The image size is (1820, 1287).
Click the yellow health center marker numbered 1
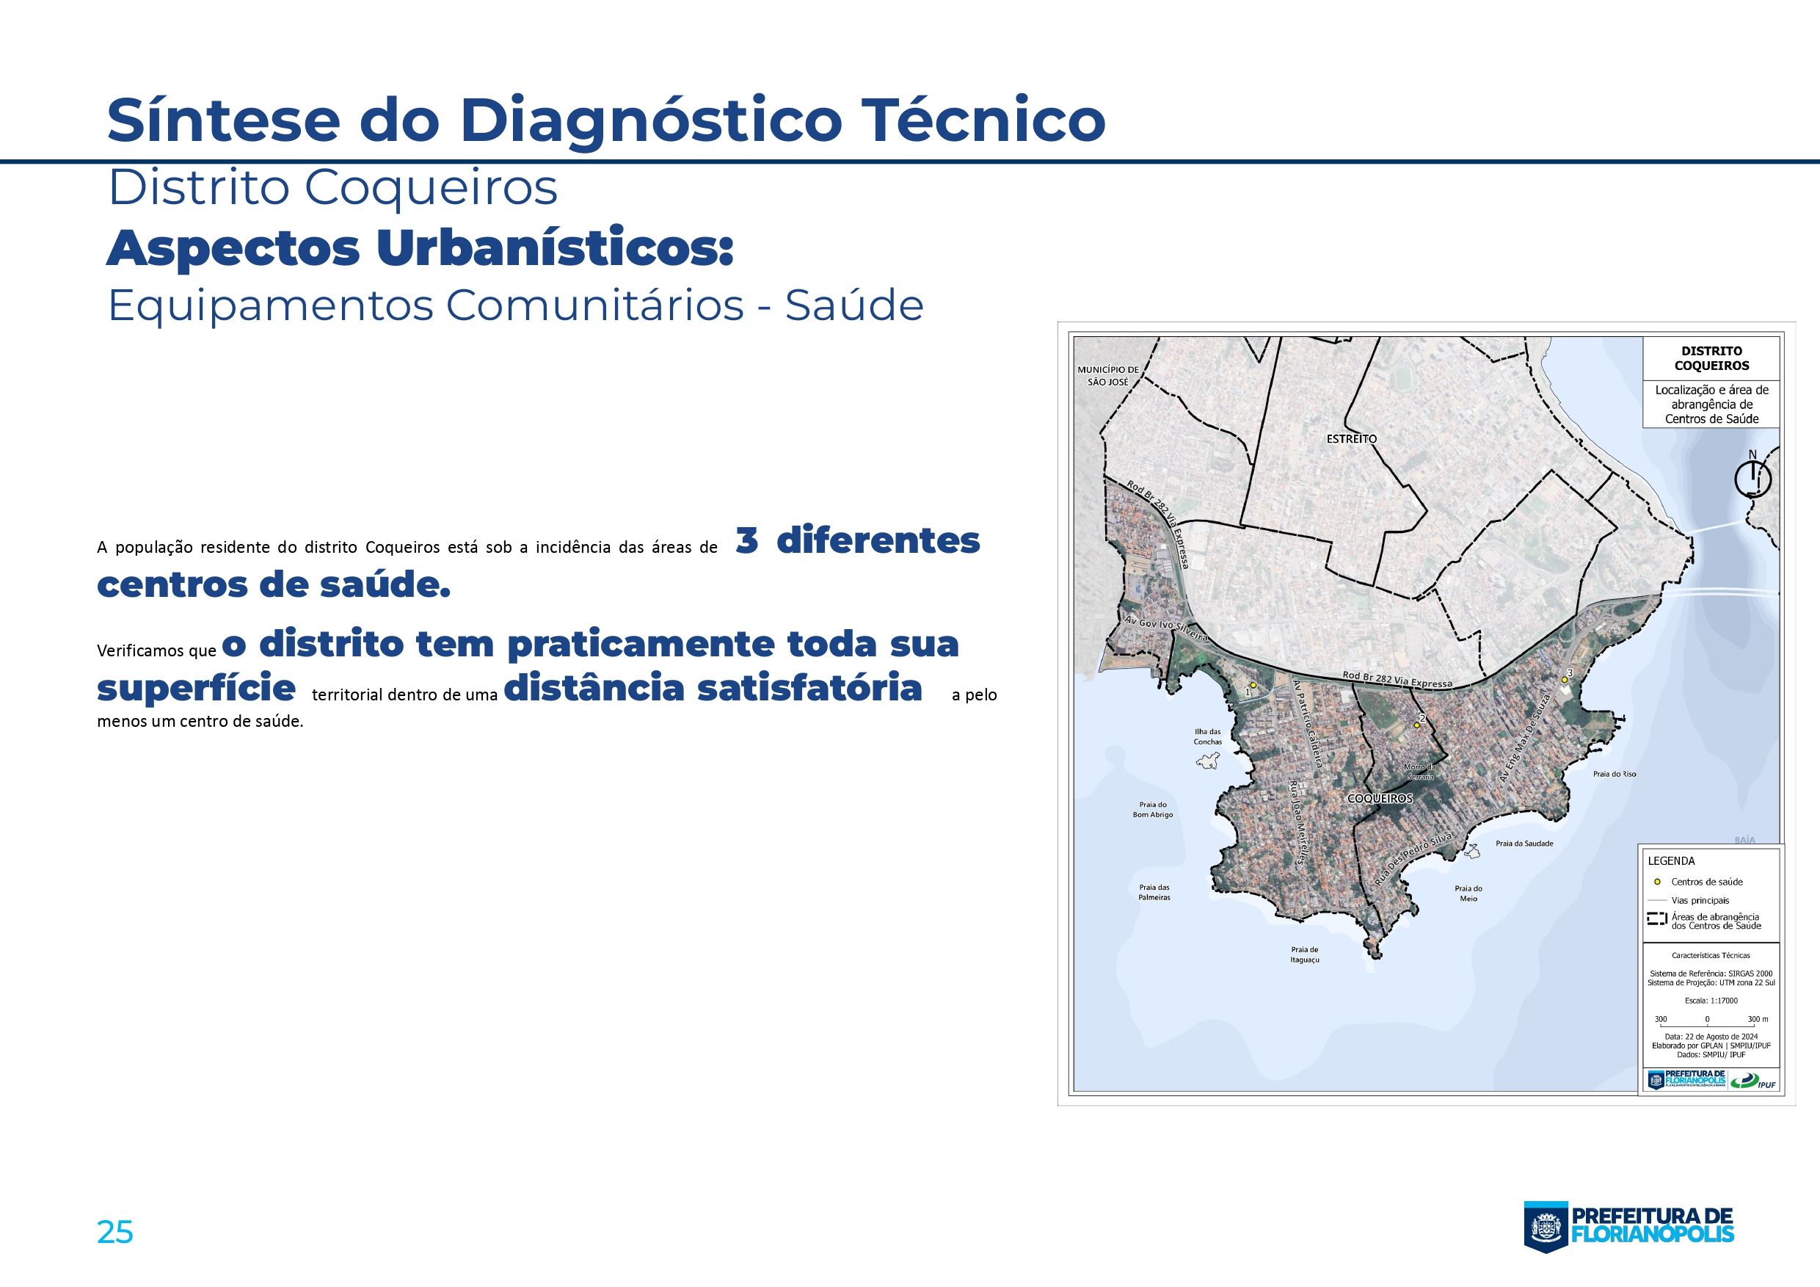pos(1253,685)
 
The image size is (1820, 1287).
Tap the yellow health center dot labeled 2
pos(1416,725)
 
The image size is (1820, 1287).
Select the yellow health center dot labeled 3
pos(1564,680)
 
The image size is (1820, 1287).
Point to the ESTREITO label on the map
pos(1352,438)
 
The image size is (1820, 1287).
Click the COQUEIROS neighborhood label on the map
pos(1380,799)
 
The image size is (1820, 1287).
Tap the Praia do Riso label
pos(1615,774)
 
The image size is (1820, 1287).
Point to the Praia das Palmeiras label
pos(1154,892)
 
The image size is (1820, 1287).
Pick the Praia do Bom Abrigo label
pos(1153,809)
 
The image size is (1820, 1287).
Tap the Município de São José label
pos(1107,375)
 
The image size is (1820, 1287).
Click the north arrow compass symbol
pos(1752,479)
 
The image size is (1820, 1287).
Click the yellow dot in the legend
pos(1656,881)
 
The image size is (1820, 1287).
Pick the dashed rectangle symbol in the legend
pos(1656,920)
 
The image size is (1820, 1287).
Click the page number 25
pos(115,1232)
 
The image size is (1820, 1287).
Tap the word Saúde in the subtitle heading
pos(853,306)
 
